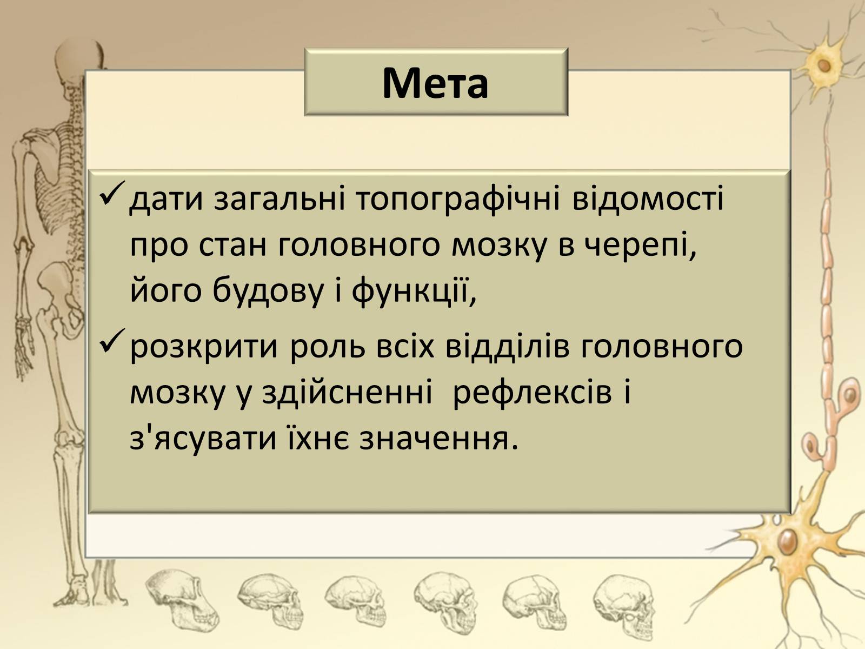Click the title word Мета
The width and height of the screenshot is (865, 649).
click(x=435, y=83)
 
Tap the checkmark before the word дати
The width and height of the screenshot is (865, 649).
click(x=112, y=193)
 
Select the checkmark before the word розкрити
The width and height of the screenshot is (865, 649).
click(x=112, y=340)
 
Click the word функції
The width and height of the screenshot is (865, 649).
click(x=414, y=292)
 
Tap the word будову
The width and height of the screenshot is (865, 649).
click(x=268, y=292)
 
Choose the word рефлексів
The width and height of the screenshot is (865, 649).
click(x=533, y=394)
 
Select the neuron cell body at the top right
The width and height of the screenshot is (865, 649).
click(x=823, y=65)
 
